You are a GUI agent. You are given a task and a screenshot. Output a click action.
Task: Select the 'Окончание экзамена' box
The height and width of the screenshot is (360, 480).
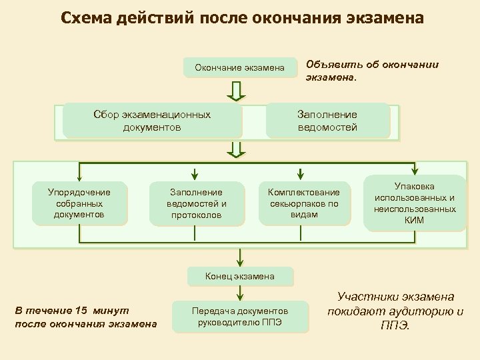click(239, 67)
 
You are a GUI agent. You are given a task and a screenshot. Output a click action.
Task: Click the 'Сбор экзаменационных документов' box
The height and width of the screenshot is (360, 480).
click(151, 121)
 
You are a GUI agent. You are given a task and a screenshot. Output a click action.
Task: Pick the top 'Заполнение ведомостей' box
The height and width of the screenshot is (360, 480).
click(327, 121)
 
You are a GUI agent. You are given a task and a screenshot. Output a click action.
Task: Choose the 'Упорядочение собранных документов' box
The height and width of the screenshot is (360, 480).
click(79, 203)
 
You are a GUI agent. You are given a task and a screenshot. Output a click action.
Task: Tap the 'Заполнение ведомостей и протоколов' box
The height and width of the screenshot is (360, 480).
click(196, 203)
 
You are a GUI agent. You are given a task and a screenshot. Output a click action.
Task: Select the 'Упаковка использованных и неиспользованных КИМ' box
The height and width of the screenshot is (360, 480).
click(414, 203)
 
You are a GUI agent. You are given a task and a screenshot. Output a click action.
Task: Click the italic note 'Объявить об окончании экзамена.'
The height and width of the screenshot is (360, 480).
click(371, 70)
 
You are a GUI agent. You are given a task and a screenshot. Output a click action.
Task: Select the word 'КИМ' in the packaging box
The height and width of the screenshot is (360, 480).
click(414, 219)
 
